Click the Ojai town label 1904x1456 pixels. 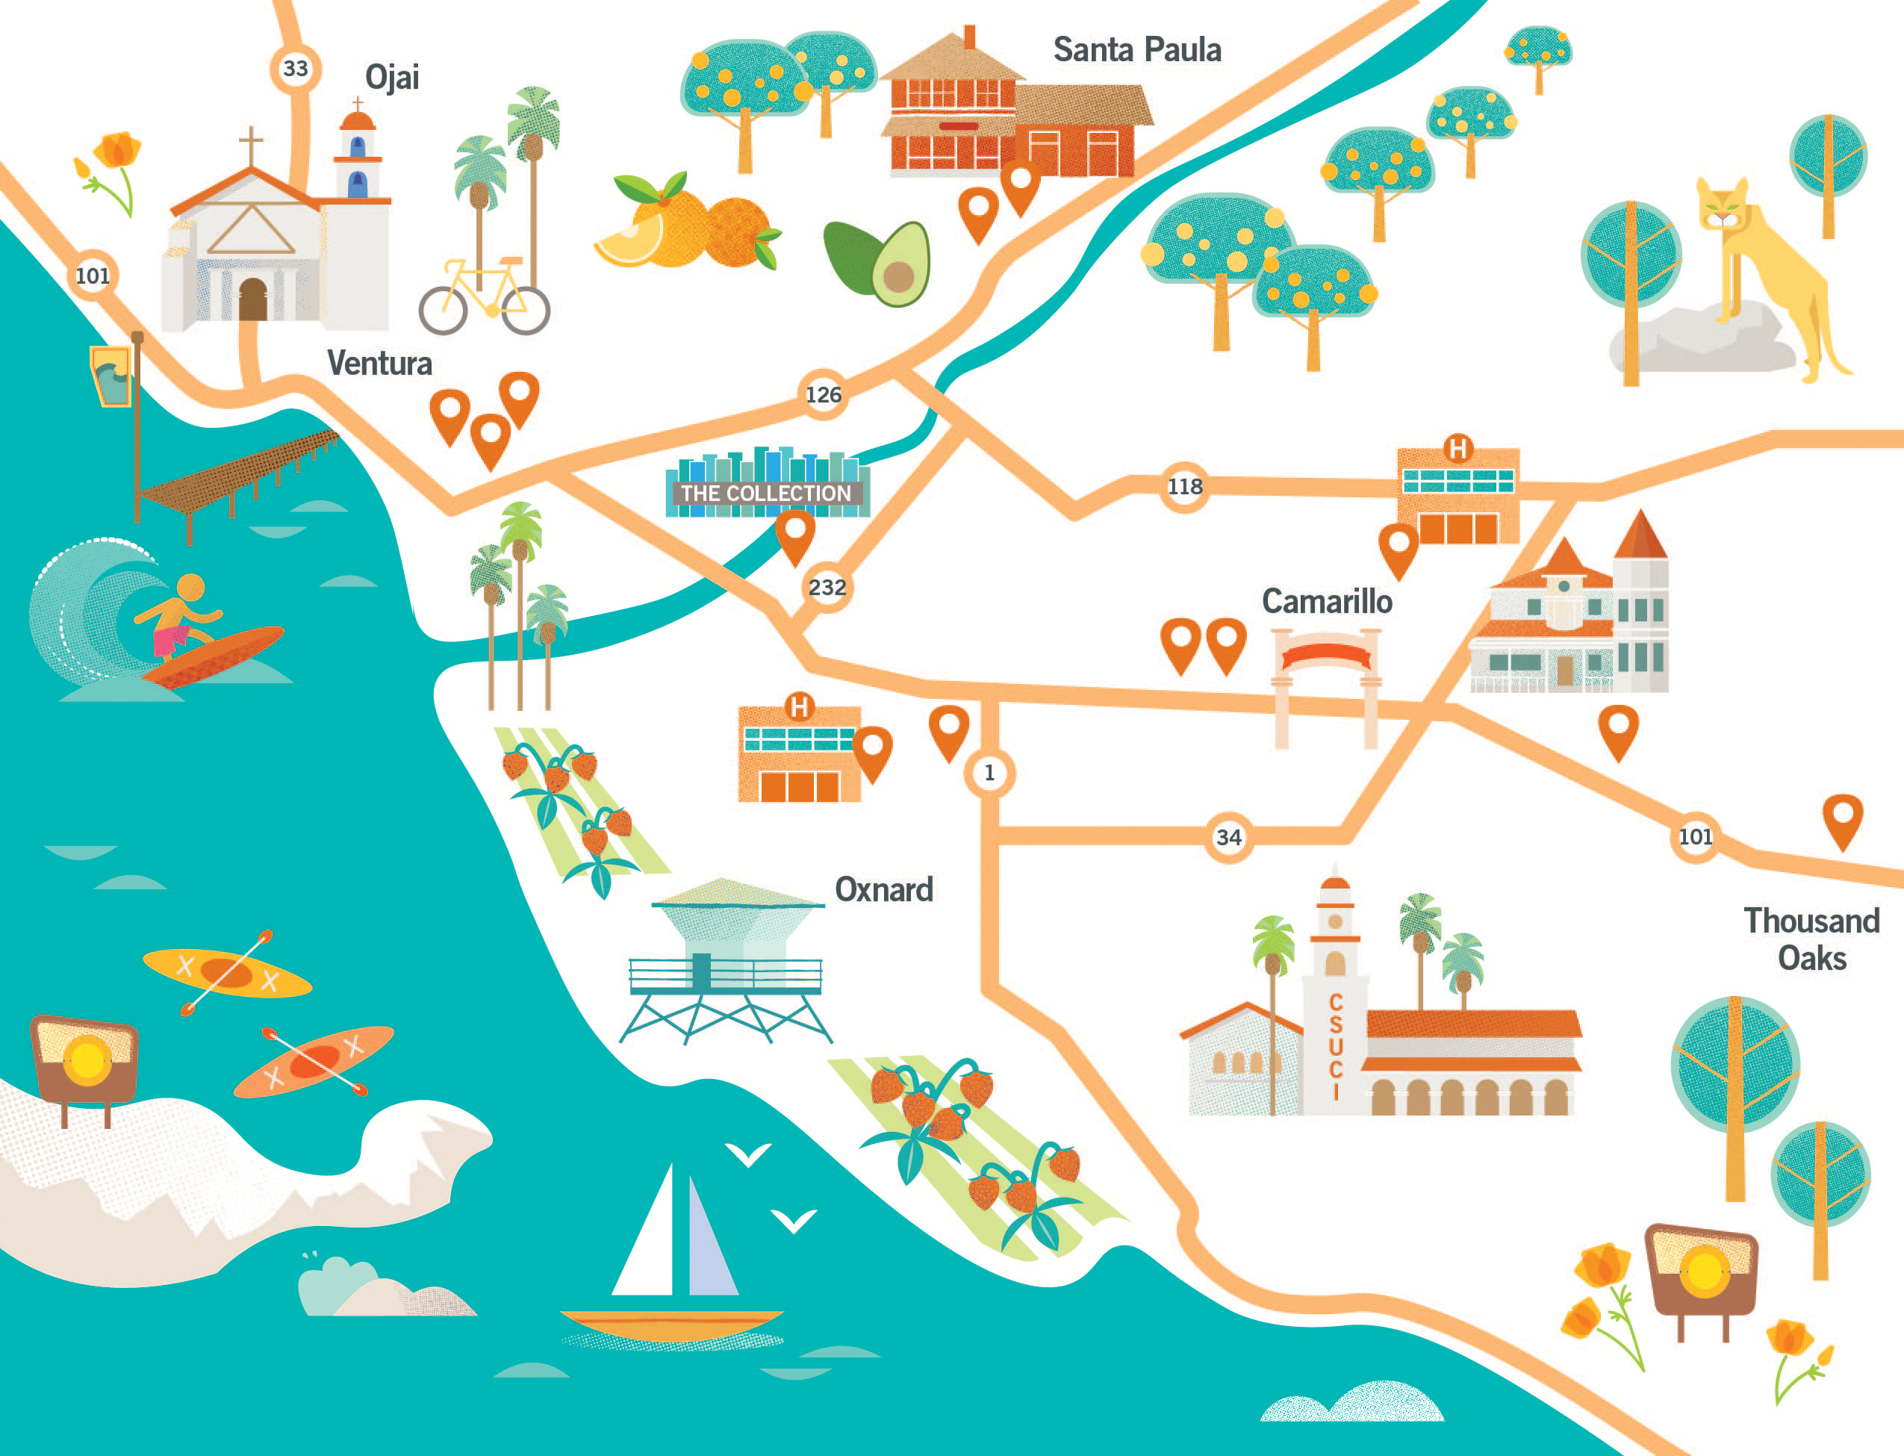[x=392, y=78]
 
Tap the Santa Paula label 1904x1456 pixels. [x=1136, y=50]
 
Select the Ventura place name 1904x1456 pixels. [x=379, y=363]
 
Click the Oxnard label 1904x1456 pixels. [x=883, y=890]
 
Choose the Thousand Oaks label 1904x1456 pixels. [x=1811, y=939]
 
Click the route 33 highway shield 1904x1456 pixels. [x=296, y=69]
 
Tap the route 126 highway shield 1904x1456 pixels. [x=822, y=395]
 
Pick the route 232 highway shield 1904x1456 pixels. [x=827, y=588]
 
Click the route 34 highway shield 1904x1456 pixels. [x=1228, y=838]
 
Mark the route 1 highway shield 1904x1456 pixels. [x=989, y=773]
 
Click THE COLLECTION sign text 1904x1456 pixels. [x=766, y=493]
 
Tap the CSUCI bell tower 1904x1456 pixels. [x=1334, y=997]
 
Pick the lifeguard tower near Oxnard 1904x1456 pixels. [x=727, y=962]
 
